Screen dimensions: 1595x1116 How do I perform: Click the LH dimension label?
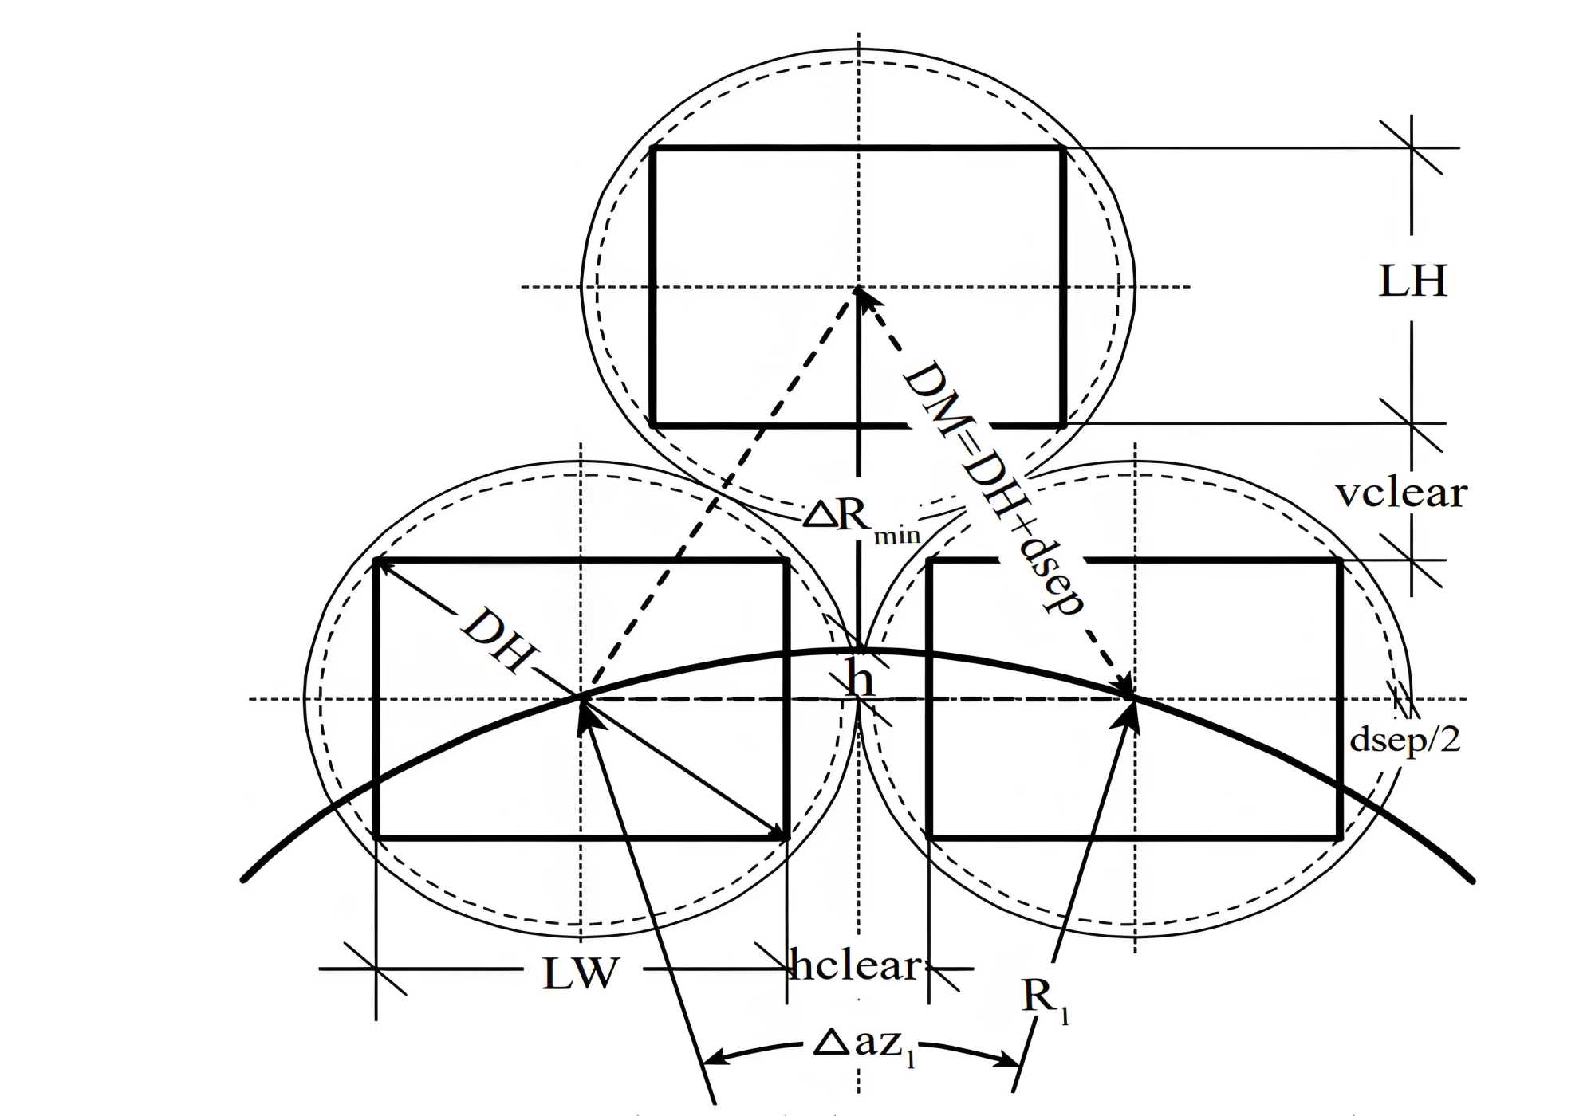tap(1412, 281)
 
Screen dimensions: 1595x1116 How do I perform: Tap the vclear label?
tap(1401, 493)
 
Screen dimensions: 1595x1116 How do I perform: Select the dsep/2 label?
tap(1404, 740)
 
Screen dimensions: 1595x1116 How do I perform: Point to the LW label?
tap(581, 973)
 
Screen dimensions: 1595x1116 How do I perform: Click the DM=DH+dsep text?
tap(994, 488)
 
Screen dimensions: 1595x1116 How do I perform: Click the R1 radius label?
tap(1044, 999)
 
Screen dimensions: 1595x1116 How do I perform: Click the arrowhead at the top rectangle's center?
tap(860, 293)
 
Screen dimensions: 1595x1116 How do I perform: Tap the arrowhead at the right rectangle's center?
tap(1128, 692)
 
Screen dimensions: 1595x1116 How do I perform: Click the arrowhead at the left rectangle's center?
tap(585, 709)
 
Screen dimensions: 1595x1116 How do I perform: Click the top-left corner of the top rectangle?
tap(652, 147)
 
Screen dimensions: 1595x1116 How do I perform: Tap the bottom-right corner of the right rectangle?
tap(1339, 837)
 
